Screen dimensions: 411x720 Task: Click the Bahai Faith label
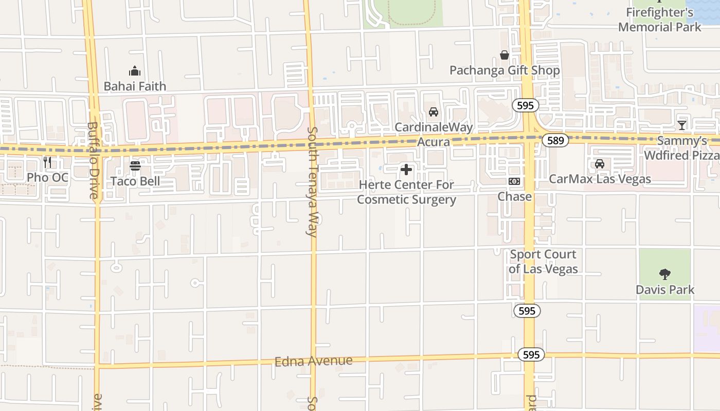point(135,86)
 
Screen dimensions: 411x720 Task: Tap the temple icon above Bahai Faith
point(135,71)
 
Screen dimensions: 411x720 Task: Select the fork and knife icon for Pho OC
point(47,163)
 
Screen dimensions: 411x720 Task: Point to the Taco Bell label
point(135,181)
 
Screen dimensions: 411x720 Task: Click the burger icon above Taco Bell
point(135,165)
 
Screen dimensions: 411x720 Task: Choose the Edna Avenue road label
point(314,361)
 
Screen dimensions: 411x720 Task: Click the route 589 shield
point(555,140)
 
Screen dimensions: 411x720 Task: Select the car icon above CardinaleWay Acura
point(434,112)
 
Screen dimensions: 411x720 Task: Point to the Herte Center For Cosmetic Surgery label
point(406,192)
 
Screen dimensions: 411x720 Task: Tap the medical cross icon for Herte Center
point(406,170)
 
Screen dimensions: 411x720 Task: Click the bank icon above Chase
point(514,181)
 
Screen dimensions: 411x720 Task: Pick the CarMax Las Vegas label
point(600,179)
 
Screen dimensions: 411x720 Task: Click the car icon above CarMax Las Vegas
point(600,164)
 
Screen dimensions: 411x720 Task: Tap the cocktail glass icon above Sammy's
point(682,125)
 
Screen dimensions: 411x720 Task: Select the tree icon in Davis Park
point(665,274)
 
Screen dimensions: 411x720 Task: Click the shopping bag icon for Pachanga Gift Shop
point(505,55)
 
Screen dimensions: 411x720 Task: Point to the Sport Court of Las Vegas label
point(543,261)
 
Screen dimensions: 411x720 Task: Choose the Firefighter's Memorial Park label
point(660,20)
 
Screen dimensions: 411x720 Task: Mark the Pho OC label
point(47,178)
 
